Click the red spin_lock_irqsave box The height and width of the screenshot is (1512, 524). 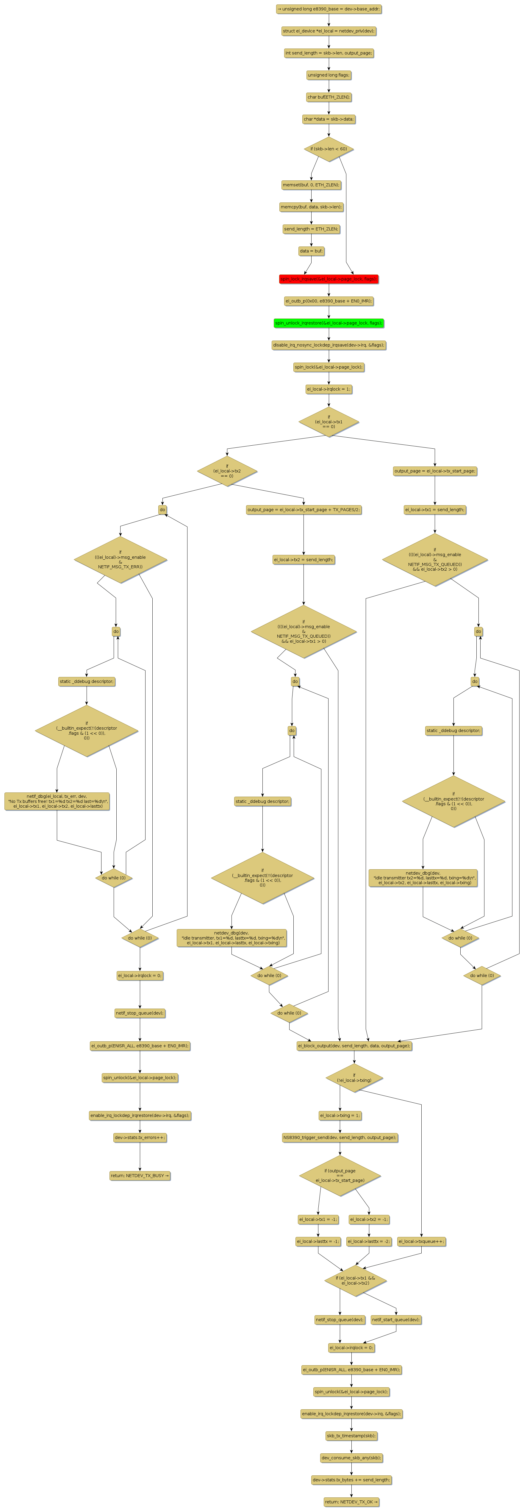[x=329, y=279]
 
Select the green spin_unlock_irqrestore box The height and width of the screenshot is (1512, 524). [x=329, y=323]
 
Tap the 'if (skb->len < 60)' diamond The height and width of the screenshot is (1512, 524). [x=329, y=149]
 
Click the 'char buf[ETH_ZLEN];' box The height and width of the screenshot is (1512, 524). [x=329, y=97]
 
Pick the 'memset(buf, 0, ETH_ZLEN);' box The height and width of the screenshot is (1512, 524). [x=311, y=185]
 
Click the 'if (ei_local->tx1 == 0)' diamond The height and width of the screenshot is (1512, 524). [x=329, y=422]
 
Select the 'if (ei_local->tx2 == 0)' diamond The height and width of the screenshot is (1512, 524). [x=227, y=471]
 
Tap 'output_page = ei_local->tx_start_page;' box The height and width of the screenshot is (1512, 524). [x=435, y=471]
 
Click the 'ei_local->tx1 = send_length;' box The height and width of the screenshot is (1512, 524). [x=435, y=509]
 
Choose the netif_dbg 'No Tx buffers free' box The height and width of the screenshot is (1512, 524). [x=57, y=801]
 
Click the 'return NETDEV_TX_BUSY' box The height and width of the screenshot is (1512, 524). [x=140, y=1176]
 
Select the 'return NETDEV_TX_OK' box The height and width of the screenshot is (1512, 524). [x=351, y=1502]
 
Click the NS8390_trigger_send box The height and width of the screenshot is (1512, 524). [x=340, y=1137]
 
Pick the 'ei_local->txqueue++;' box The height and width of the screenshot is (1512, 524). [x=421, y=1241]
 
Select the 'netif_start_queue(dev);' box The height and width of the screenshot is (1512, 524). [x=396, y=1319]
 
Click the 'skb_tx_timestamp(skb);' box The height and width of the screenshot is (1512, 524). [x=351, y=1436]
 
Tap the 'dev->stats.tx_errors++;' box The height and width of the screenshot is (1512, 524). [x=140, y=1137]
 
